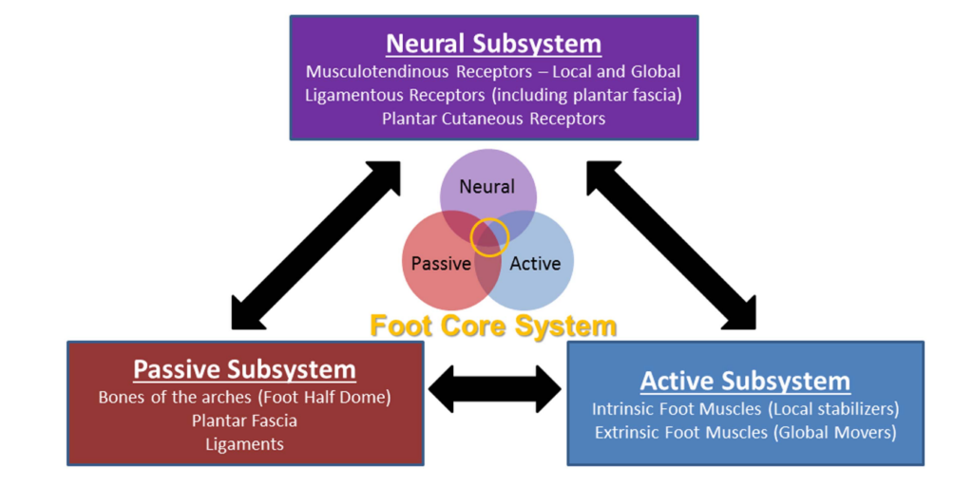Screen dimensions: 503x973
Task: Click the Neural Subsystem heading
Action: pyautogui.click(x=493, y=44)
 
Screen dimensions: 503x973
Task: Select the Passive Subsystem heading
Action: pyautogui.click(x=244, y=369)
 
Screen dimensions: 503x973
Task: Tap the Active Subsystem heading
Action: pyautogui.click(x=745, y=382)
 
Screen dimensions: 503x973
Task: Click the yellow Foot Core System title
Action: pyautogui.click(x=493, y=326)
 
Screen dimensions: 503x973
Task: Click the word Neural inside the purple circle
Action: pyautogui.click(x=487, y=187)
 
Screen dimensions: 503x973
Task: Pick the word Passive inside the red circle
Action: pyautogui.click(x=441, y=264)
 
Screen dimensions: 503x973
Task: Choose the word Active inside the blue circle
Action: pyautogui.click(x=535, y=264)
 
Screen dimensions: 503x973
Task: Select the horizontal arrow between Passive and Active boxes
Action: pyautogui.click(x=495, y=389)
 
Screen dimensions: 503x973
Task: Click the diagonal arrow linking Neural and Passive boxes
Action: pyautogui.click(x=316, y=245)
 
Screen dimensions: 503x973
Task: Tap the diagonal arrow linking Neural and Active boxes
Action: pyautogui.click(x=671, y=245)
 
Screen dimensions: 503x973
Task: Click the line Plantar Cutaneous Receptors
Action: pyautogui.click(x=493, y=119)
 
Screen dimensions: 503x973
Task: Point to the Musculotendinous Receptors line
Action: pyautogui.click(x=493, y=71)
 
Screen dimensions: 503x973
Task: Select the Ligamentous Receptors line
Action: pyautogui.click(x=493, y=95)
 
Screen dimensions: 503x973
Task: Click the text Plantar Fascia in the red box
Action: pyautogui.click(x=244, y=420)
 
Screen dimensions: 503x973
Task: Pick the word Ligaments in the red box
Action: pyautogui.click(x=244, y=443)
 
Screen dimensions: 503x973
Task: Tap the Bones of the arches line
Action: pyautogui.click(x=244, y=397)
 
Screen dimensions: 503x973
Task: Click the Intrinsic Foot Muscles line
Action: pyautogui.click(x=745, y=409)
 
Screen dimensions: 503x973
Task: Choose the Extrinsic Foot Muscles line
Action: pyautogui.click(x=745, y=433)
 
